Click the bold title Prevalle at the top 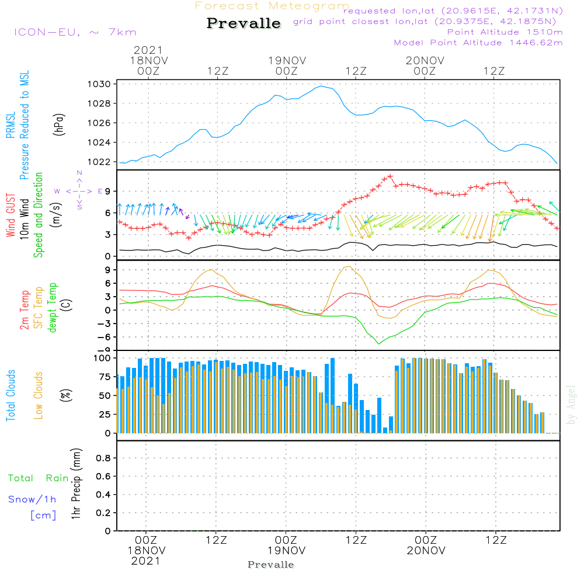click(244, 23)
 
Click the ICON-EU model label click(47, 32)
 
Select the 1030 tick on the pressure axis click(99, 84)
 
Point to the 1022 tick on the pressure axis click(99, 162)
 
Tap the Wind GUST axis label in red click(11, 215)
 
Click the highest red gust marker click(390, 176)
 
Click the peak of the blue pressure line click(321, 86)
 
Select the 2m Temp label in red click(25, 310)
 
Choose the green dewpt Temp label click(52, 308)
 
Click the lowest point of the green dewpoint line click(379, 344)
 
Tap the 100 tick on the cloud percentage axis click(102, 359)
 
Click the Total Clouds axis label click(11, 395)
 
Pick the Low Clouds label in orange click(38, 395)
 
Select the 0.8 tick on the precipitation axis click(103, 458)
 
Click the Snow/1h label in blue click(32, 499)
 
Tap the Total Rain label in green click(39, 478)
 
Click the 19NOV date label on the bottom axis click(286, 551)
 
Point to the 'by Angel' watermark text click(571, 405)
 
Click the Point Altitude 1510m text click(505, 32)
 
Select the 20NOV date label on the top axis click(425, 61)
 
